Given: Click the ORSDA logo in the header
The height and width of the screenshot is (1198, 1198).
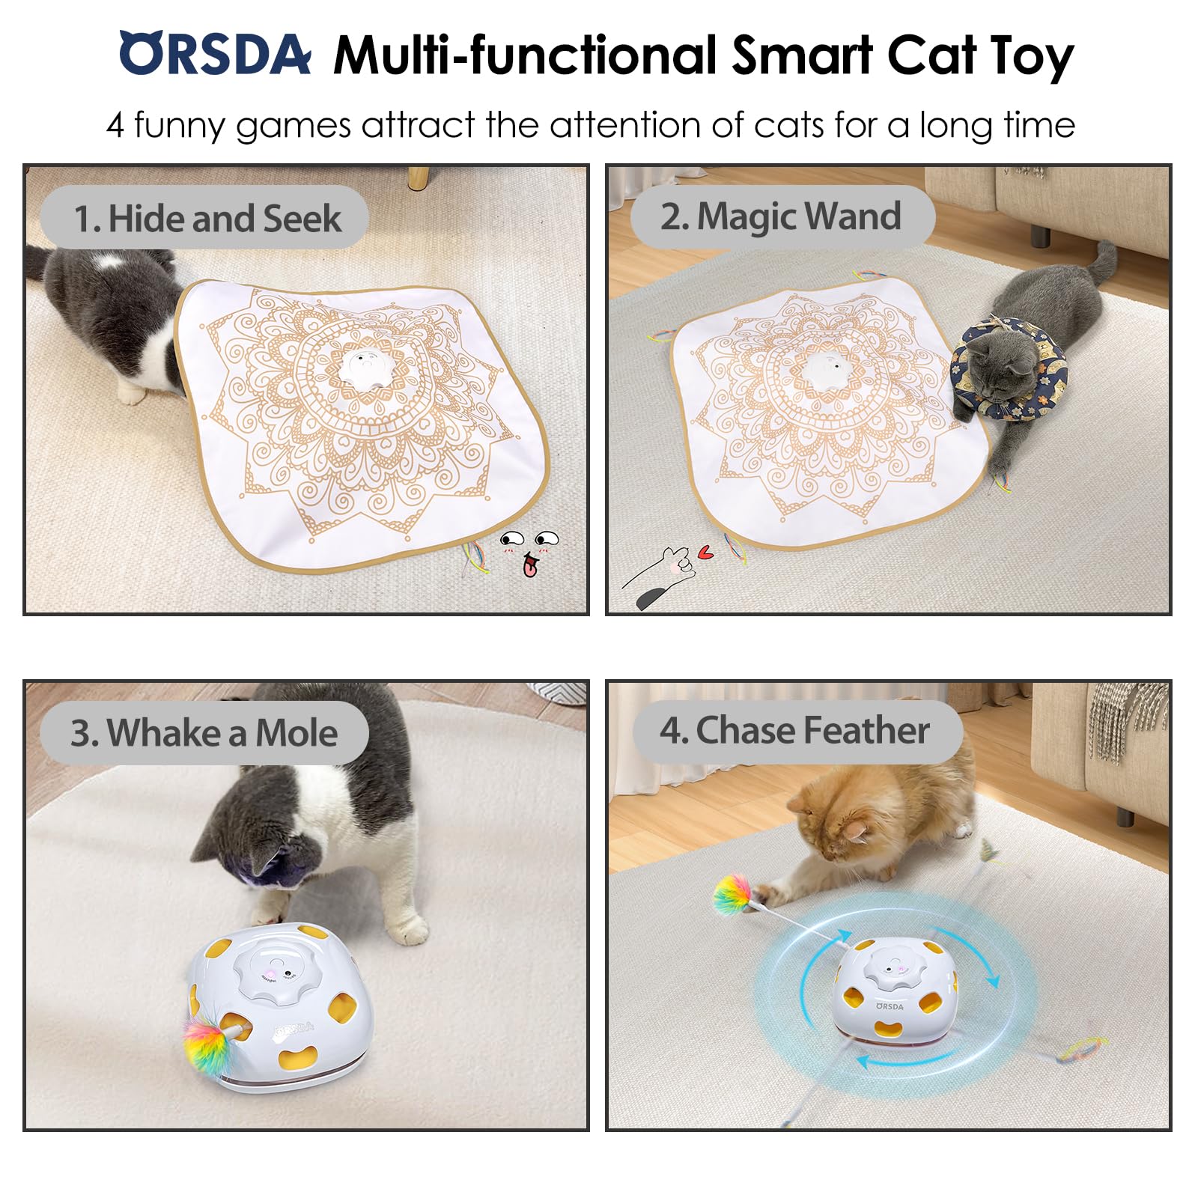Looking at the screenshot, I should [x=215, y=54].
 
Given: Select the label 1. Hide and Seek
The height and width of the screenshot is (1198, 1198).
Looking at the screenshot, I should [x=205, y=218].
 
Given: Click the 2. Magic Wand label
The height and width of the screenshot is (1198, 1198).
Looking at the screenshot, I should [x=782, y=216].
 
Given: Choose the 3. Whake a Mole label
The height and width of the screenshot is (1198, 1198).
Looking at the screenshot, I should [x=204, y=732].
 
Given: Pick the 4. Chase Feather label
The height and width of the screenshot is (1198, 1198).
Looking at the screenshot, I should [x=795, y=730].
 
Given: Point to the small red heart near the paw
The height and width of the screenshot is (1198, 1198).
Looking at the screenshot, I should [x=705, y=553].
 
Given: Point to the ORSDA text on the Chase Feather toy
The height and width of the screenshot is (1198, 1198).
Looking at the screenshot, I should [x=890, y=1006].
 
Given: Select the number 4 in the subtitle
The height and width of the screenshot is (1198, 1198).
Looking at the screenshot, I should [x=115, y=125].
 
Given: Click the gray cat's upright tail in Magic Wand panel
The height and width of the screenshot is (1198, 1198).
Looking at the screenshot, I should [x=1101, y=261].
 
